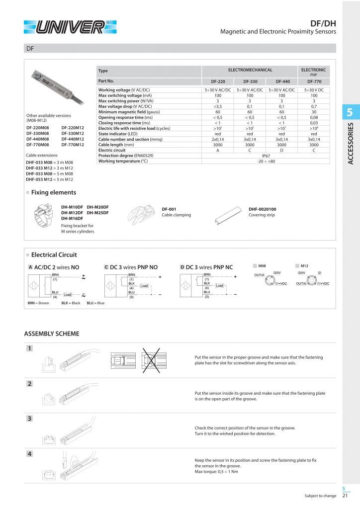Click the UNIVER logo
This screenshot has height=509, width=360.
(x=69, y=26)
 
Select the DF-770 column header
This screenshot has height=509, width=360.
(x=314, y=81)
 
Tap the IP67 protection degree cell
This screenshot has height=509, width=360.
(x=266, y=155)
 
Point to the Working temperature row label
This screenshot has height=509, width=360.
(x=123, y=161)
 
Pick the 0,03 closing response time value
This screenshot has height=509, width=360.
(x=314, y=123)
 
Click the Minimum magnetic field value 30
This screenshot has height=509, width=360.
(x=314, y=113)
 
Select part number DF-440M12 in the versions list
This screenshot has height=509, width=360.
(x=73, y=139)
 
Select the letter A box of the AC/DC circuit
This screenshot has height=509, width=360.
(x=30, y=267)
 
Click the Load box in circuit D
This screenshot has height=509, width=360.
(x=219, y=285)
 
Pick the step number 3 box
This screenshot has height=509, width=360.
(x=30, y=419)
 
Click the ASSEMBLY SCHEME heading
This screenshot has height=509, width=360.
(x=52, y=333)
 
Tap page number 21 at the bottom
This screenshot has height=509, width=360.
(x=345, y=496)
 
